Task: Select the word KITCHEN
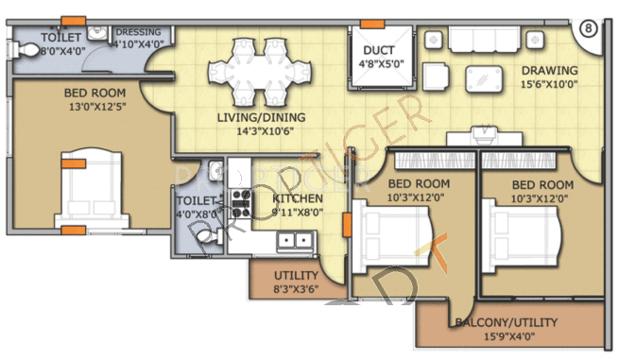(x=298, y=197)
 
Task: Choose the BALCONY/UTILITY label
(x=506, y=322)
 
